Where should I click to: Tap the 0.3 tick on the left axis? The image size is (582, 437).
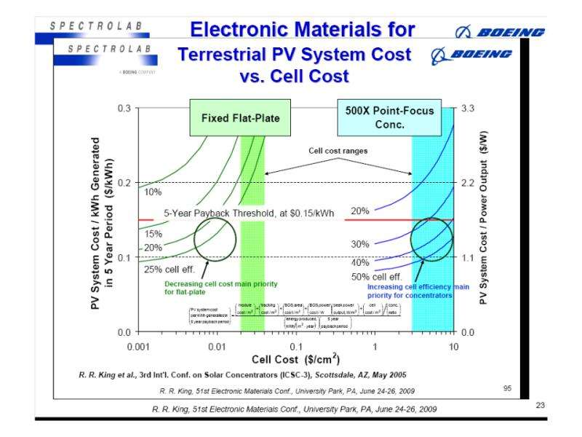click(124, 108)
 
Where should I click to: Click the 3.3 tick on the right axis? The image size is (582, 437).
click(467, 108)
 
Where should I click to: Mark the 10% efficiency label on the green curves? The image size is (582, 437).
click(153, 192)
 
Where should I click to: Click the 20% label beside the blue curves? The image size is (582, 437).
click(360, 210)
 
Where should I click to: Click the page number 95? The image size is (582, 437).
click(507, 387)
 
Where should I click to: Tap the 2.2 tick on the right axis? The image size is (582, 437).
click(467, 182)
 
